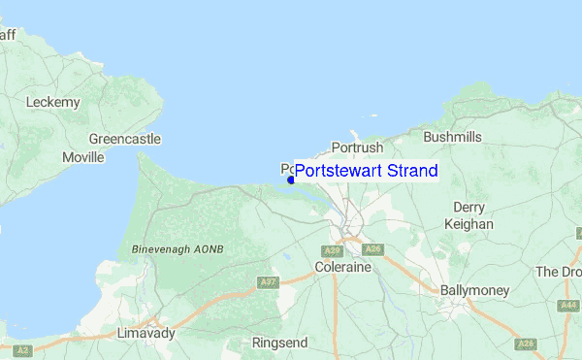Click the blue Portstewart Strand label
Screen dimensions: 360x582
pyautogui.click(x=366, y=171)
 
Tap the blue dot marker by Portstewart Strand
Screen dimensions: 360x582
pyautogui.click(x=291, y=180)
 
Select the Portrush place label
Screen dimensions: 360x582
pyautogui.click(x=357, y=147)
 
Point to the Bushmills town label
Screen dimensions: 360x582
pyautogui.click(x=452, y=137)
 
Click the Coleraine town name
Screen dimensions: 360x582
pyautogui.click(x=343, y=266)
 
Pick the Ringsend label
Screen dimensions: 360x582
pyautogui.click(x=279, y=343)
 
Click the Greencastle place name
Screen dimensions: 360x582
pyautogui.click(x=124, y=139)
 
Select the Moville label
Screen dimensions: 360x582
pyautogui.click(x=82, y=156)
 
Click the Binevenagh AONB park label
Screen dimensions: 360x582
pyautogui.click(x=178, y=249)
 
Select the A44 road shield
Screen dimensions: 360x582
pyautogui.click(x=569, y=306)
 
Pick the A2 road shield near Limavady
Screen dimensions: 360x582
pyautogui.click(x=22, y=348)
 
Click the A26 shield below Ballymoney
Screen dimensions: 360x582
pyautogui.click(x=526, y=344)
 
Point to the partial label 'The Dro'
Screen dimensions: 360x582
pyautogui.click(x=559, y=272)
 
